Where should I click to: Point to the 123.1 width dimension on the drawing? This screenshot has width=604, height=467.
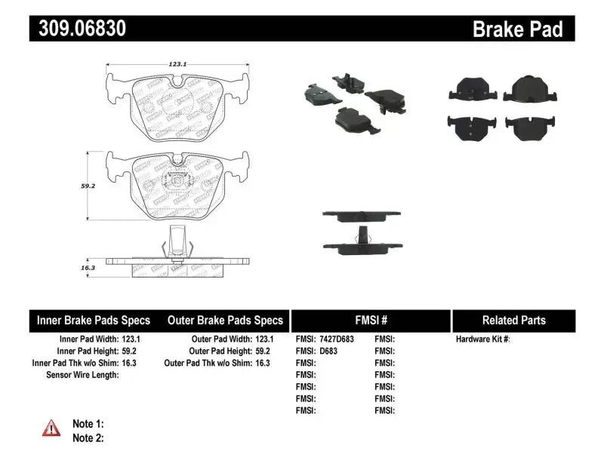(x=177, y=65)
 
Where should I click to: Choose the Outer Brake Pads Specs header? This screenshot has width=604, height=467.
(x=224, y=320)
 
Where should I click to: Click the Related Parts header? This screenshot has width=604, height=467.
(x=513, y=320)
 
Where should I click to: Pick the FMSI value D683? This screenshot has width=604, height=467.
(x=328, y=351)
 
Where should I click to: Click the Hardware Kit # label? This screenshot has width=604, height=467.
(x=483, y=339)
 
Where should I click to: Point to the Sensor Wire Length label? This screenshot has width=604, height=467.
(x=82, y=374)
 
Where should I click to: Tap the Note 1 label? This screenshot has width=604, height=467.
(x=88, y=424)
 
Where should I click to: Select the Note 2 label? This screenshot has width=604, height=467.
(x=88, y=438)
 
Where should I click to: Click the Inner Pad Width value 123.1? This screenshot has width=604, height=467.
(x=130, y=339)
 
